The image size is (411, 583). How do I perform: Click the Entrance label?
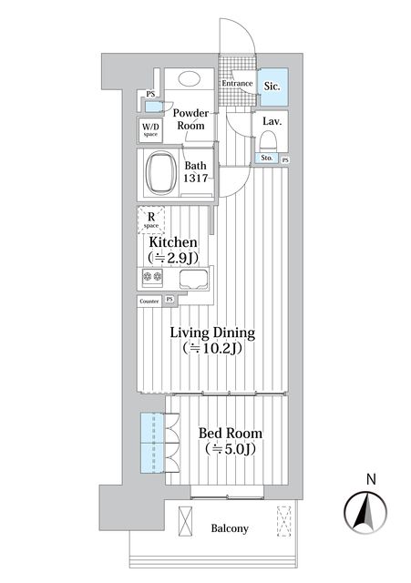coord(238,84)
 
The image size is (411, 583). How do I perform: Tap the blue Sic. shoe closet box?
coord(273,87)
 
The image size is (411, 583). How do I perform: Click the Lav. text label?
coord(272,121)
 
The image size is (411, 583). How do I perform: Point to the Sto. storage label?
coord(266,159)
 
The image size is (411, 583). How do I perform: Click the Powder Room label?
coord(192,119)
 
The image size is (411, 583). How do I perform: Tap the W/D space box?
coord(149,129)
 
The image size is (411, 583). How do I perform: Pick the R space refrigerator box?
coord(150,221)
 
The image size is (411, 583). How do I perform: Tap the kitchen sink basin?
coord(195,280)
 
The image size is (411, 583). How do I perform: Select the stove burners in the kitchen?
coord(152,280)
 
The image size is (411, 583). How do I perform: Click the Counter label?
coord(149,301)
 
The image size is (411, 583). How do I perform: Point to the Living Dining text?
coord(212,332)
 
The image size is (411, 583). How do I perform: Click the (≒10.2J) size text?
coord(212,349)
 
